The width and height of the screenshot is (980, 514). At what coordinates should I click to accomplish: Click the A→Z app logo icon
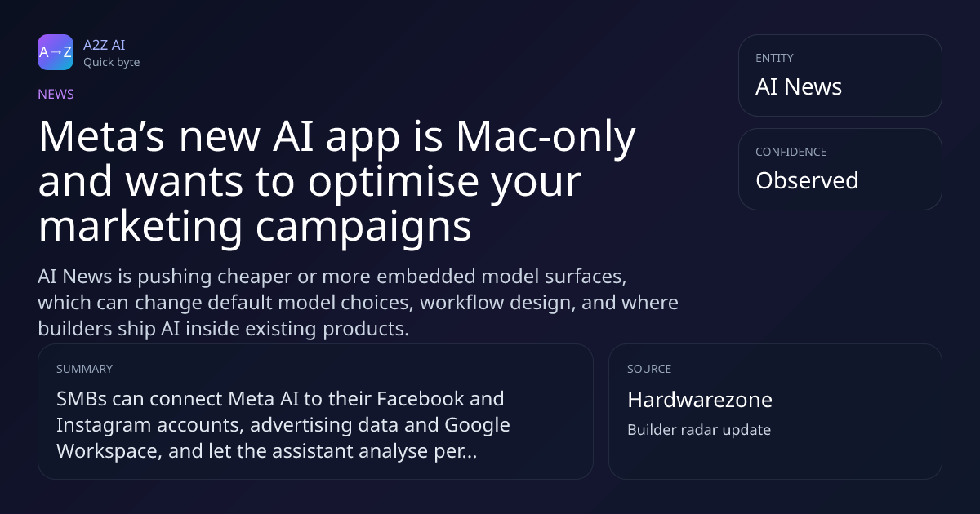tap(56, 52)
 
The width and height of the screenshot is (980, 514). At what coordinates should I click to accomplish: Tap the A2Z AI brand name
tap(105, 45)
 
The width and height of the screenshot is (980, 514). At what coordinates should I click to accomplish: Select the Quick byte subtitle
tap(112, 63)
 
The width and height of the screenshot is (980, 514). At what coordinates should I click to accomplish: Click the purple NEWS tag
tap(56, 95)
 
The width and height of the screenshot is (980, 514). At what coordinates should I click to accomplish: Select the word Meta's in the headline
tap(101, 136)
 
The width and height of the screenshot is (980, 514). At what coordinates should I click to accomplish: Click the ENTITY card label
tap(774, 58)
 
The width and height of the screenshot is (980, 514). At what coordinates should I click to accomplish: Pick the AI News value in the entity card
tap(799, 86)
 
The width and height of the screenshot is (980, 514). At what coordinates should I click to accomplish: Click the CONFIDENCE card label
tap(791, 152)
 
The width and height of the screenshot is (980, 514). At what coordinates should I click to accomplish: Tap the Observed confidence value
tap(807, 180)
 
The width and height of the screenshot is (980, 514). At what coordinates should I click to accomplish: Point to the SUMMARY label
tap(84, 369)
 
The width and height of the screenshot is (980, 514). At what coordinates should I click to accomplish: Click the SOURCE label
tap(649, 369)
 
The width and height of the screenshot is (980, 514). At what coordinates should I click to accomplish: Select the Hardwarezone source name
tap(700, 400)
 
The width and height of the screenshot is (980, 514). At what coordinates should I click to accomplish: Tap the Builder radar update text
tap(699, 430)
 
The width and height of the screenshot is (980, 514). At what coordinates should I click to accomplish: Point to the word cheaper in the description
tap(255, 277)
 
